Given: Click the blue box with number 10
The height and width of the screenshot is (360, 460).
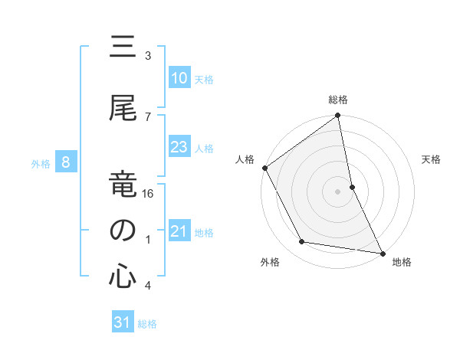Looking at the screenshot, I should [179, 78].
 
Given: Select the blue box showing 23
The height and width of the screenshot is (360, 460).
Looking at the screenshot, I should [179, 148].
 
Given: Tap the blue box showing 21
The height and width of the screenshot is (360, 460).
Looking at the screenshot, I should [179, 231].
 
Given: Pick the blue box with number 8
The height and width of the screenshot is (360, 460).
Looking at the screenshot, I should [67, 162].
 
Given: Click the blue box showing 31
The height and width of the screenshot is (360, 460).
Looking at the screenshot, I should [123, 322].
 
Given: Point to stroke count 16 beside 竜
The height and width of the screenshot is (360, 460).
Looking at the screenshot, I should [149, 194].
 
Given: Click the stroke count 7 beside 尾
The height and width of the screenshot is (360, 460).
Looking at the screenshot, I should [147, 116].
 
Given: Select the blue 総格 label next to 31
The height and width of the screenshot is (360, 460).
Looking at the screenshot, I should [147, 324].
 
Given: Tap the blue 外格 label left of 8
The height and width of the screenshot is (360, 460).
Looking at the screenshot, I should [40, 163].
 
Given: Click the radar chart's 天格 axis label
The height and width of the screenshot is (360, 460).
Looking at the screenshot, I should [431, 159].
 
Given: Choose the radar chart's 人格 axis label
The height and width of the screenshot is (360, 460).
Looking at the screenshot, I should [245, 159].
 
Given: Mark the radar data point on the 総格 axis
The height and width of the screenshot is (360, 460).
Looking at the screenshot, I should [337, 116].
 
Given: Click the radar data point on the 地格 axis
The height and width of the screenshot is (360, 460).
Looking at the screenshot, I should [382, 253].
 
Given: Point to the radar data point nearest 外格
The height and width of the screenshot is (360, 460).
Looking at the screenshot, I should [302, 242].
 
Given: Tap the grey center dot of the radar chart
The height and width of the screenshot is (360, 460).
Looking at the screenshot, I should [337, 191].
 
